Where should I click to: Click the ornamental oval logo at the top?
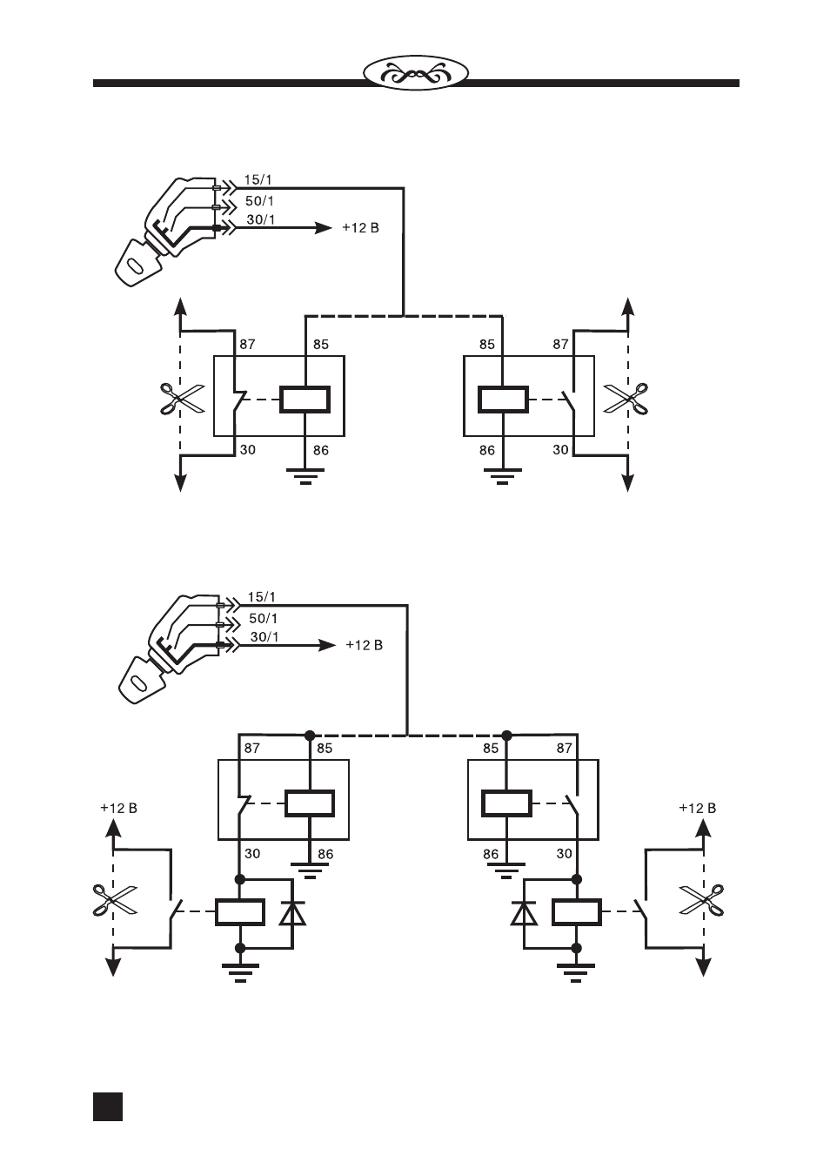point(416,72)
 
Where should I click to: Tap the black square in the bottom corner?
point(108,1106)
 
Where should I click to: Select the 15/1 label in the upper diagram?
point(258,180)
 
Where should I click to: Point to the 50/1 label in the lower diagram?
point(264,618)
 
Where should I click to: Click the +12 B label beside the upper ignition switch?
point(360,228)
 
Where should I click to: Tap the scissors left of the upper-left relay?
point(182,399)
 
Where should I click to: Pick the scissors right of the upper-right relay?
point(626,399)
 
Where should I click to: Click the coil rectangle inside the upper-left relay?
point(305,400)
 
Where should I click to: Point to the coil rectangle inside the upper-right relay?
point(503,400)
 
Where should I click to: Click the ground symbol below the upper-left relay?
point(305,475)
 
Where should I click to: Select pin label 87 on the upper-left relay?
point(247,345)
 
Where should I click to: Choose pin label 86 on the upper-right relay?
point(487,450)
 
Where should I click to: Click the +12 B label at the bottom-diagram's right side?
point(697,808)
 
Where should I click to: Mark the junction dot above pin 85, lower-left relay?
point(310,735)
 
